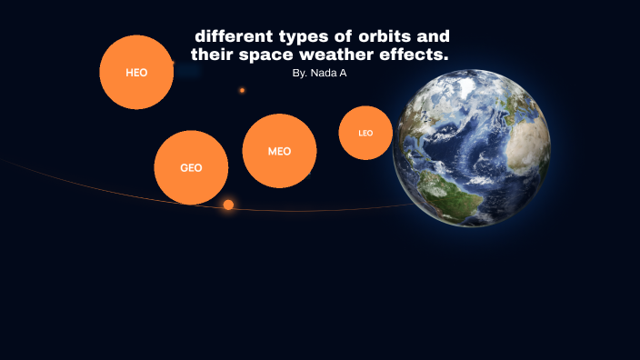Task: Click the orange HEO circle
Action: pyautogui.click(x=136, y=72)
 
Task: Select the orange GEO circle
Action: pyautogui.click(x=191, y=167)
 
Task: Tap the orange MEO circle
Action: pyautogui.click(x=279, y=151)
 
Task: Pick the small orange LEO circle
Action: pyautogui.click(x=365, y=133)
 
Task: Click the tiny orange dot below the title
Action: pyautogui.click(x=242, y=90)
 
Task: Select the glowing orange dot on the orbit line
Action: pyautogui.click(x=228, y=205)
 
